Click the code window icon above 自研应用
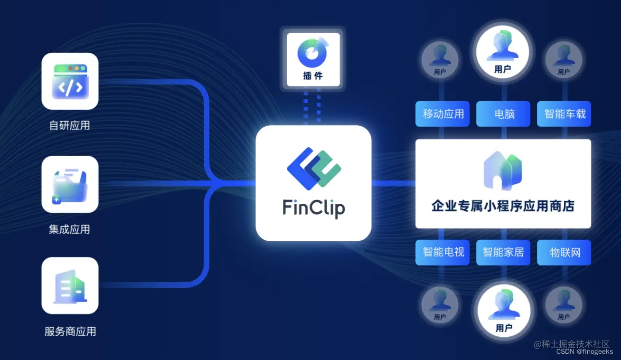[x=70, y=81]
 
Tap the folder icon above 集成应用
[x=70, y=184]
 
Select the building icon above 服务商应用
[x=70, y=285]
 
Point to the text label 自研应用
[x=70, y=126]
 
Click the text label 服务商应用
[x=70, y=332]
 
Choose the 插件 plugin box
[x=313, y=59]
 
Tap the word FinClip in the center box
[x=314, y=208]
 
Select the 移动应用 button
[x=442, y=114]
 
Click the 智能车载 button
[x=564, y=114]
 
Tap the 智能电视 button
[x=442, y=252]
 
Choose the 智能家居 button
[x=503, y=252]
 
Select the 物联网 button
[x=564, y=252]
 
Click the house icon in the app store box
[x=503, y=171]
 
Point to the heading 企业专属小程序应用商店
[x=503, y=206]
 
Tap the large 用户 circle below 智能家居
[x=503, y=311]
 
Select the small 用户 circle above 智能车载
[x=564, y=60]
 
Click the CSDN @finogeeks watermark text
[x=584, y=352]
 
